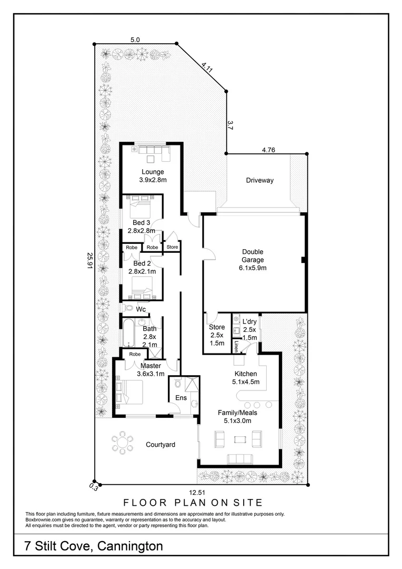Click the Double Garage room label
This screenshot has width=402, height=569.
point(253,260)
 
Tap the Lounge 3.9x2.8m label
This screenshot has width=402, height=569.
point(153,175)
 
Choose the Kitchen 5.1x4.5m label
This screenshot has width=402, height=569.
point(245,378)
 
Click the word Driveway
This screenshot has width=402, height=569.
point(259,180)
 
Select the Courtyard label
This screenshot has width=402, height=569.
point(160,445)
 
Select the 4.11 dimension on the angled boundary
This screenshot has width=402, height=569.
point(207,67)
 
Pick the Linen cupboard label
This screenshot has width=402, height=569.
point(236,347)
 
